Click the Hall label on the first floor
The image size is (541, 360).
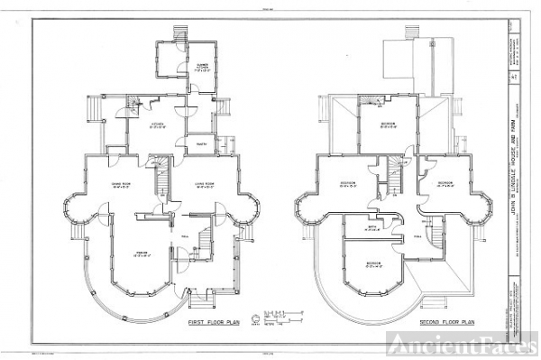point(184,235)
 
